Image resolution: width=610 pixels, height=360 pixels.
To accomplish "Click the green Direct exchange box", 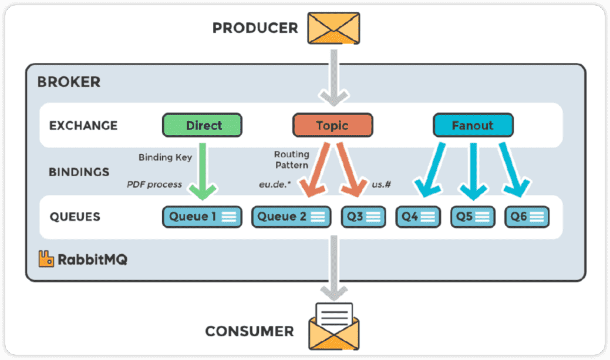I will tap(202, 125).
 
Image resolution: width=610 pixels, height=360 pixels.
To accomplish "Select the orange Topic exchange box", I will tap(332, 125).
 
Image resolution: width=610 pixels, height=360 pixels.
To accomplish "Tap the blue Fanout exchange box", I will tap(473, 125).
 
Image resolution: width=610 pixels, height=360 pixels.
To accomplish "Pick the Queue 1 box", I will tap(202, 217).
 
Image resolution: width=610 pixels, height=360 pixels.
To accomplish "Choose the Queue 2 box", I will tap(291, 217).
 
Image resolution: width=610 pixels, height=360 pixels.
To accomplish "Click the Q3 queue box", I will tap(363, 217).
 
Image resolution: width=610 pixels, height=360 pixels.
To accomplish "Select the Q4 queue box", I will tap(417, 217).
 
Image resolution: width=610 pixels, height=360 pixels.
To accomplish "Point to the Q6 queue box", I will tap(527, 217).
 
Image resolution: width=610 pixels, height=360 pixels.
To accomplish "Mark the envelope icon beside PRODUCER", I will tap(333, 28).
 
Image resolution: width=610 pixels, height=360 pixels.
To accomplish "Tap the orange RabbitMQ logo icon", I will tap(46, 259).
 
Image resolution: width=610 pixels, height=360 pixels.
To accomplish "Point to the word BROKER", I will tap(69, 82).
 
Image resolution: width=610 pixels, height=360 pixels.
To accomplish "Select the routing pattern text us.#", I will tap(382, 184).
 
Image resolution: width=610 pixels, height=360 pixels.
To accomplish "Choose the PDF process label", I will tap(154, 184).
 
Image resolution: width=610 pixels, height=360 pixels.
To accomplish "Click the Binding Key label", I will tap(165, 157).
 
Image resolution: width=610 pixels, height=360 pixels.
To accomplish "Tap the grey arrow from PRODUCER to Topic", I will tap(333, 76).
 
